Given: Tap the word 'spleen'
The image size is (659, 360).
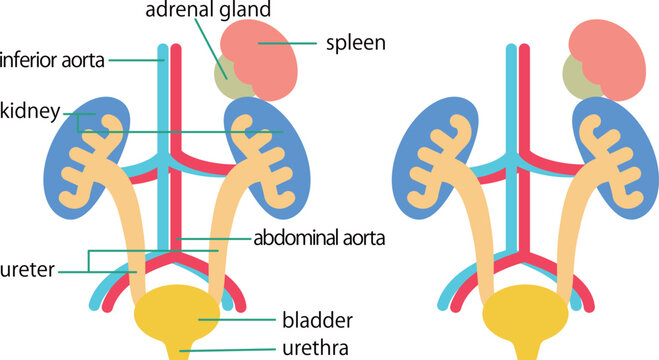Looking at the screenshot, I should coord(355,44).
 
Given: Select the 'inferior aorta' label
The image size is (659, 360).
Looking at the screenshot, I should coord(52,60).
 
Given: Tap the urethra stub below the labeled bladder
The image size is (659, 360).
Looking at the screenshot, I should coord(181,350).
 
